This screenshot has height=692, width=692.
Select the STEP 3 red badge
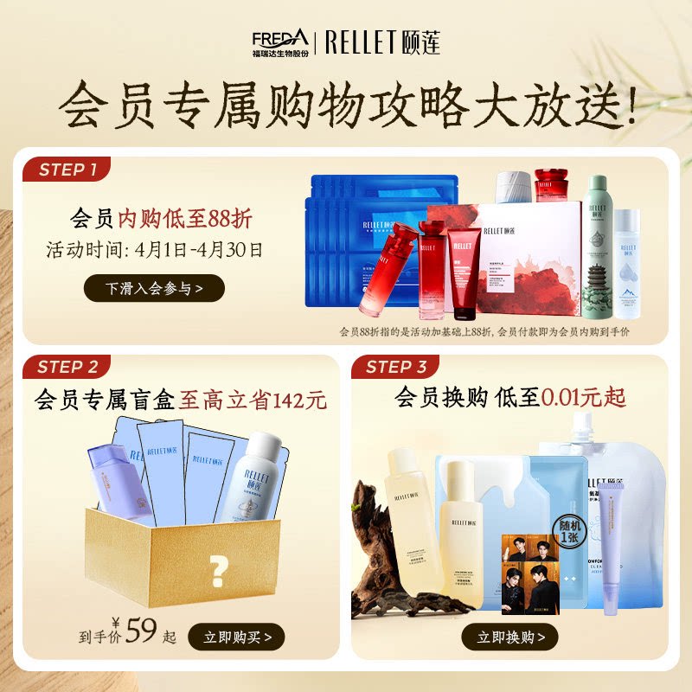396,367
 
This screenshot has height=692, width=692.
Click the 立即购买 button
236,638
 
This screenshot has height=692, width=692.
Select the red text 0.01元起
584,398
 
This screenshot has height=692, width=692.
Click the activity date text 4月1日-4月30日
199,252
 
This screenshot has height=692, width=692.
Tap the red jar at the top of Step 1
551,185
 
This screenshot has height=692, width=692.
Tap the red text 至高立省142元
253,400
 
